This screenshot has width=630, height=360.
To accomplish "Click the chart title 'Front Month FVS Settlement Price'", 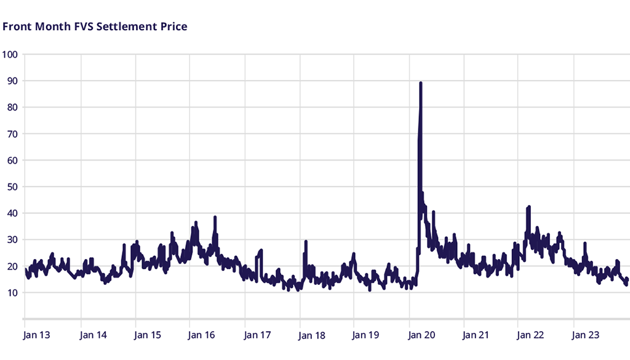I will pos(95,26).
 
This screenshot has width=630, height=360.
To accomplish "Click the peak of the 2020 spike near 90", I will pos(420,82).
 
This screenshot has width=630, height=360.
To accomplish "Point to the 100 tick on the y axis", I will pos(10,54).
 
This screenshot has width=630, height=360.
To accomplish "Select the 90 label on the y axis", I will pos(10,81).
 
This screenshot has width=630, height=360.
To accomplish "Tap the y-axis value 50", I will pos(10,186).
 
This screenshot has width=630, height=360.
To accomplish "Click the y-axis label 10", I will pos(10,293).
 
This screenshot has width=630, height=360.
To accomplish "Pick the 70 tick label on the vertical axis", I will pos(10,134).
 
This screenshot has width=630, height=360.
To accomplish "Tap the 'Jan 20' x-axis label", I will pos(422,335).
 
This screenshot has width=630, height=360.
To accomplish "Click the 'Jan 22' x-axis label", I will pos(530,335).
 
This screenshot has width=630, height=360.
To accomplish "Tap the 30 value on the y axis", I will pos(10,239).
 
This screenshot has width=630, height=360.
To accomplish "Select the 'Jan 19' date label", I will pos(366,335).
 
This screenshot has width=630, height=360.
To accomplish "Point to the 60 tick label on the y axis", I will pos(10,160).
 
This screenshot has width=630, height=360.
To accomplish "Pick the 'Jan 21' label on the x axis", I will pos(476,335).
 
